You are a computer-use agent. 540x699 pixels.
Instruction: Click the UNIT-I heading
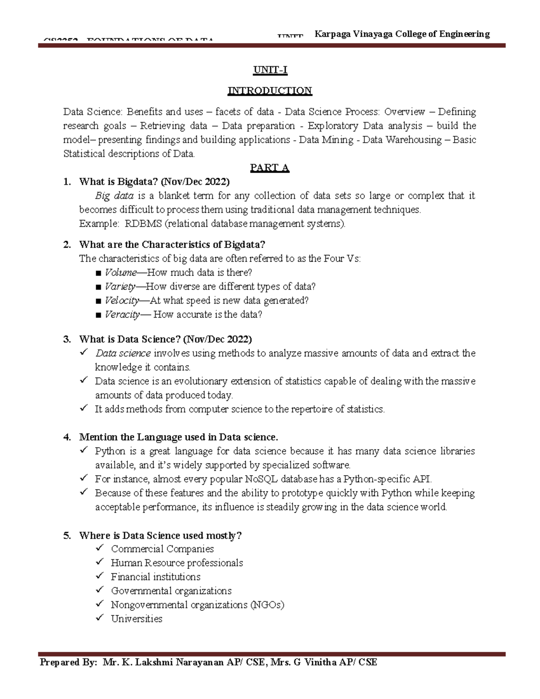coord(270,70)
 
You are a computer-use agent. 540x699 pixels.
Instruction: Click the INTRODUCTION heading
coord(270,91)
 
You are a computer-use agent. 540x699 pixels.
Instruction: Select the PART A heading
coord(270,168)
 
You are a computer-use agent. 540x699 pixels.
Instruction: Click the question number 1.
coord(67,182)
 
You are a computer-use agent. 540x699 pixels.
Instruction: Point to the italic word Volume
coord(121,273)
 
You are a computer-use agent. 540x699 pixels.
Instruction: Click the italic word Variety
coord(120,287)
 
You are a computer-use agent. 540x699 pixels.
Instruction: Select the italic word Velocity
coord(121,301)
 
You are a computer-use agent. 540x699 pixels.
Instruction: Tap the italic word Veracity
coord(122,315)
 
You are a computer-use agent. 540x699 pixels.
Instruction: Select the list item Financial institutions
coord(156,577)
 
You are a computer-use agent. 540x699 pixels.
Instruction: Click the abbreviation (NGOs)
coord(267,605)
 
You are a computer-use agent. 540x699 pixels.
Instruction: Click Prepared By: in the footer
coord(68,663)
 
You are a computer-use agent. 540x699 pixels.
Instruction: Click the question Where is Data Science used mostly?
coord(160,536)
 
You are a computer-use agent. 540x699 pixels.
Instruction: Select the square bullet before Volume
coord(99,273)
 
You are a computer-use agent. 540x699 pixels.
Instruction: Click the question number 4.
coord(67,437)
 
